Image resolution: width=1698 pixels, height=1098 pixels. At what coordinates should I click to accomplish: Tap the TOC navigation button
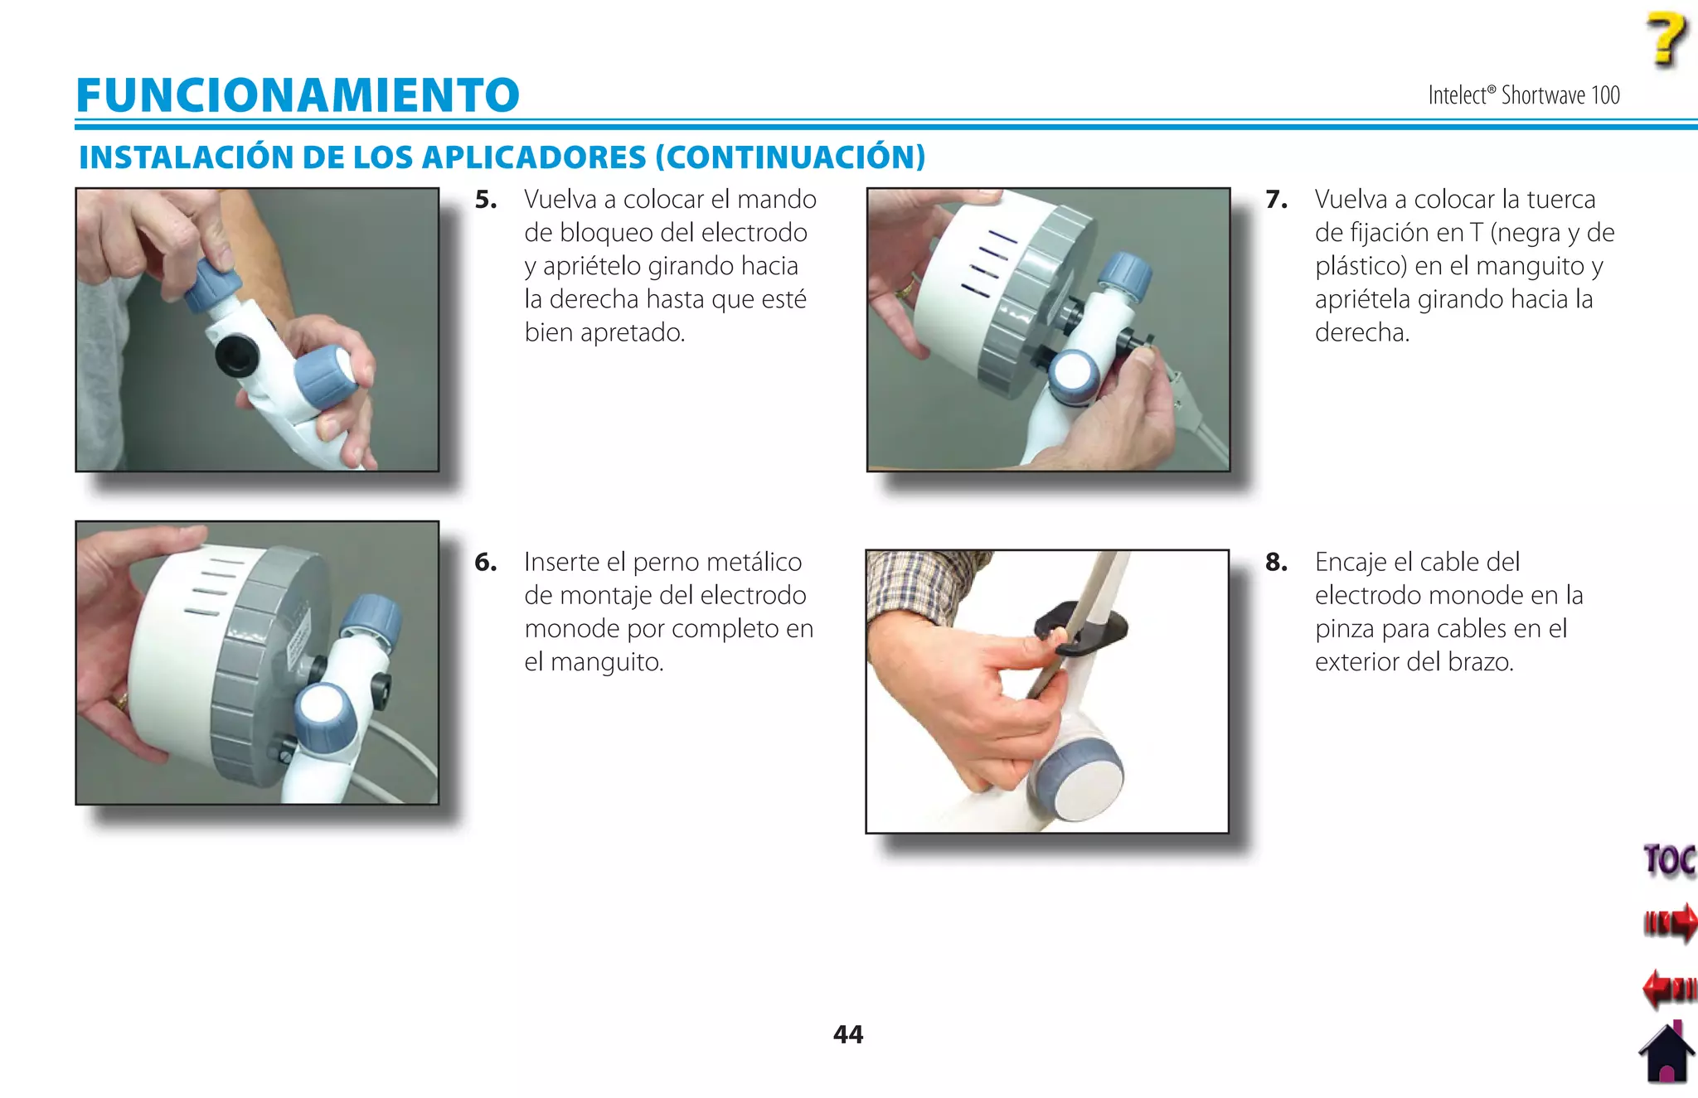point(1669,860)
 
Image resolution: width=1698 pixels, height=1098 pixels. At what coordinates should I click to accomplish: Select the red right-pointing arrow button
point(1670,922)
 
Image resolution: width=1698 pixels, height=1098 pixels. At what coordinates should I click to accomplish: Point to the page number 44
point(847,1034)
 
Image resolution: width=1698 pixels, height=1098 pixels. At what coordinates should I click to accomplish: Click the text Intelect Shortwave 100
point(1523,95)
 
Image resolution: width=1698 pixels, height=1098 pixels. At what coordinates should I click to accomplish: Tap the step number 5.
point(486,200)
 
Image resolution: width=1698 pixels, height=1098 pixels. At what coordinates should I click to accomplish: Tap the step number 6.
point(486,563)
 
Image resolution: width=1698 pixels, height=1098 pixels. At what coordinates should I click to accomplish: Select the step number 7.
point(1276,200)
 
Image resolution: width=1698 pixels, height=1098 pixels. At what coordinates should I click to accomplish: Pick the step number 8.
point(1276,563)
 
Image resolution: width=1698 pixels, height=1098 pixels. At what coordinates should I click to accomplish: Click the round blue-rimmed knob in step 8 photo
point(1075,777)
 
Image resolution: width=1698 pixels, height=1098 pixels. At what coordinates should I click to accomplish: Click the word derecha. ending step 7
point(1361,333)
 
